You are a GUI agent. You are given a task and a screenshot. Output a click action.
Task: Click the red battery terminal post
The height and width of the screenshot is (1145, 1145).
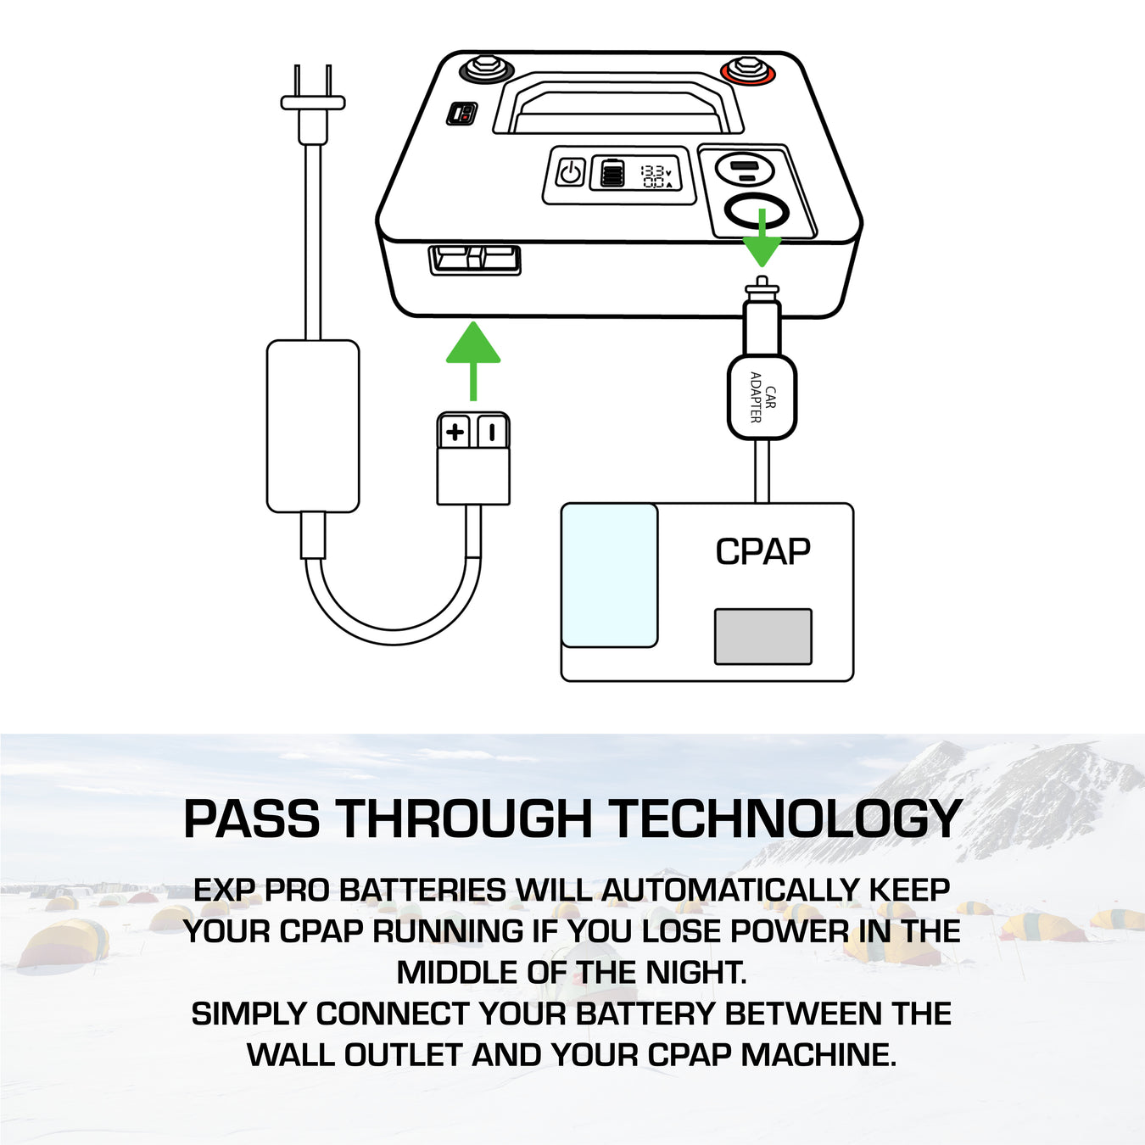[748, 70]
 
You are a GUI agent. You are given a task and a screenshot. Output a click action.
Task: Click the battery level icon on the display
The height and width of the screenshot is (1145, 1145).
[612, 173]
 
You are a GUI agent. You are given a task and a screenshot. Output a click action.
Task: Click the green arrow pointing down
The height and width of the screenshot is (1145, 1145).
[762, 237]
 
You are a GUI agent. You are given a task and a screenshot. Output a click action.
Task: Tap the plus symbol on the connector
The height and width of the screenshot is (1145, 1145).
[455, 432]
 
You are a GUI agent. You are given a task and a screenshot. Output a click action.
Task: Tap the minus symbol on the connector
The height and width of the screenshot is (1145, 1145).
[492, 432]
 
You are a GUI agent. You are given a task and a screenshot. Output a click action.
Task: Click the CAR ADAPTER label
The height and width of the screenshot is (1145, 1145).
[762, 398]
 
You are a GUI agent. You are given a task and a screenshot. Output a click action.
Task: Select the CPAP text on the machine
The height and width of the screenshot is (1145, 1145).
[762, 552]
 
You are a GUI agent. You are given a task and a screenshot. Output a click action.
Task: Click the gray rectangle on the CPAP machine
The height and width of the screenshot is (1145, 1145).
[763, 636]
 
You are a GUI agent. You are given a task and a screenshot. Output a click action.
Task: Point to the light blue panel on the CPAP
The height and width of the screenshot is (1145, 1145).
[610, 575]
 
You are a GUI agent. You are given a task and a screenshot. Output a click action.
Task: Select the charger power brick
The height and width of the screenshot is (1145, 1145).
[313, 426]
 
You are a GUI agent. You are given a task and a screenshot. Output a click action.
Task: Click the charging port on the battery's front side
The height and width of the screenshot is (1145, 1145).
[475, 260]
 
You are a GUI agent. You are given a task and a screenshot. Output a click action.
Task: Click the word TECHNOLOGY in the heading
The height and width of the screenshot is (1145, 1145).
[785, 818]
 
